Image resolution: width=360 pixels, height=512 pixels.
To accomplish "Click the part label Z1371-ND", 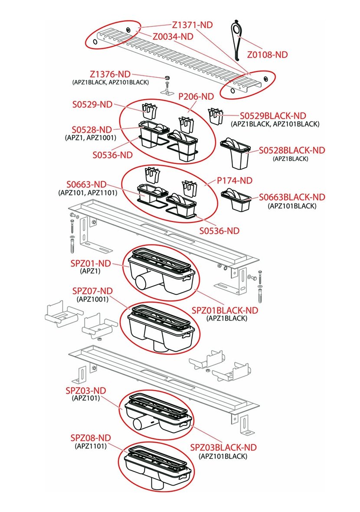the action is [193, 25].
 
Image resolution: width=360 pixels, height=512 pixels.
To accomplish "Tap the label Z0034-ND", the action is [173, 36].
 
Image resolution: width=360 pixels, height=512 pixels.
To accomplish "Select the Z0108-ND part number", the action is [267, 55].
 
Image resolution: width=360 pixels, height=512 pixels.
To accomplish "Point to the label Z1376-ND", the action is [110, 74].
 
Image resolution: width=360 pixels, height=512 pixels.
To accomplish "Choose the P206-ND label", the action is [196, 96].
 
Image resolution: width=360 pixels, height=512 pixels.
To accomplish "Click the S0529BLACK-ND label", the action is [273, 116].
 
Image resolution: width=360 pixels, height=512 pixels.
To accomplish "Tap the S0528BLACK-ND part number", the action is [292, 150].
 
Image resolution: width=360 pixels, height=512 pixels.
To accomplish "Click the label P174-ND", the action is [235, 180].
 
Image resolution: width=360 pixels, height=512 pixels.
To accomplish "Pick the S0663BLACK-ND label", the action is [292, 197].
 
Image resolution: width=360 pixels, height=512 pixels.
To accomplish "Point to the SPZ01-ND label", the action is [91, 263].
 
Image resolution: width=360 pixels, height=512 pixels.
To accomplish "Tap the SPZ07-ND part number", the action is [92, 290].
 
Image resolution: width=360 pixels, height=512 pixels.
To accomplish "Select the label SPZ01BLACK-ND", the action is [225, 310].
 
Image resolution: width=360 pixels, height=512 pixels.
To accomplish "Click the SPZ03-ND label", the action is [86, 390].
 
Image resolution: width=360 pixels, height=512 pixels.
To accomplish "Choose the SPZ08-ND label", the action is [91, 437].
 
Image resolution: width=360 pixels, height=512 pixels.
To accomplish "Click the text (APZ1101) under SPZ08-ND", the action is [91, 446].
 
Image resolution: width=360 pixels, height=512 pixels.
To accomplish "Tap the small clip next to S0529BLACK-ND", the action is [214, 117].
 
